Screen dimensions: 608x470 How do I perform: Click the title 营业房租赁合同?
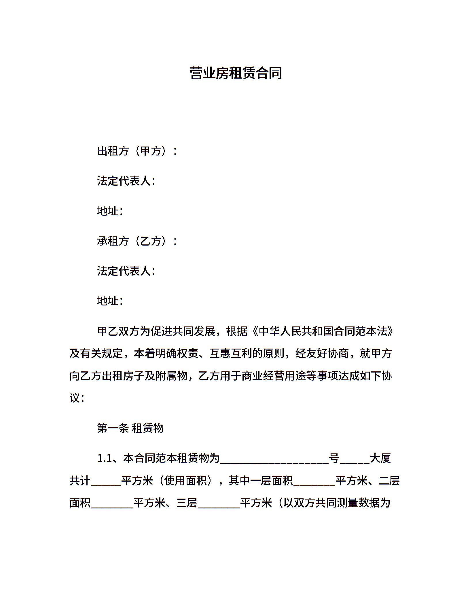click(x=236, y=73)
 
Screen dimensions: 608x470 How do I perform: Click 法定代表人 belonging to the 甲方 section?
click(x=124, y=181)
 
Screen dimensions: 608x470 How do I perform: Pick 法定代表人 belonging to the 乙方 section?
click(x=124, y=271)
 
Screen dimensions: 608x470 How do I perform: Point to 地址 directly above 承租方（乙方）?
click(x=108, y=211)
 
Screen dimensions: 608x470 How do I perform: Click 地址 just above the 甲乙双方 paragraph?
click(x=108, y=301)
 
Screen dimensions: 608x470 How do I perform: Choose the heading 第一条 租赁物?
click(x=130, y=428)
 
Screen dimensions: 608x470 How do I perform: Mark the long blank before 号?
click(x=274, y=459)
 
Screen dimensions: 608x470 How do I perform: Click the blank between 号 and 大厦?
click(x=355, y=459)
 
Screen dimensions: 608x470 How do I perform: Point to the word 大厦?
click(x=380, y=458)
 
